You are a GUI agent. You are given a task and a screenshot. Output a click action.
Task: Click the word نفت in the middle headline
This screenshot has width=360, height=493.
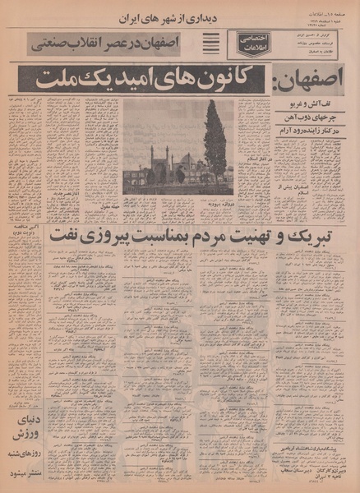coord(66,233)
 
